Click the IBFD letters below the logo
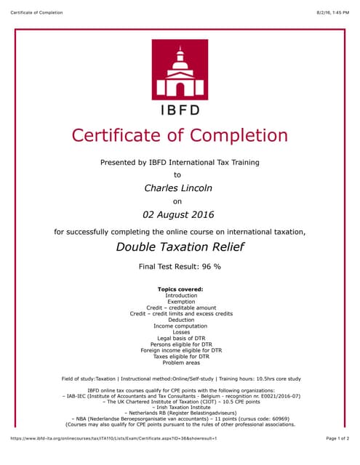point(179,110)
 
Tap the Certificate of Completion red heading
point(179,136)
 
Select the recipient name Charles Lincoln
point(179,188)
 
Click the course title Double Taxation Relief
point(179,247)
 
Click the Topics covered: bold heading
point(180,289)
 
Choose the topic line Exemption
point(180,302)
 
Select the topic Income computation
point(180,326)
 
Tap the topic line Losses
point(180,332)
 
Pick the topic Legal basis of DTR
point(180,339)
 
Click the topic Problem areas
point(180,363)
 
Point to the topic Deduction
point(180,320)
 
